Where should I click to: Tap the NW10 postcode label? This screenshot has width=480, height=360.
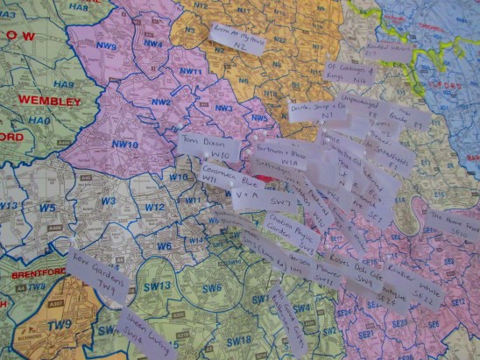[x=125, y=145]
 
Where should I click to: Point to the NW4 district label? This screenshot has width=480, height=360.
[x=153, y=44]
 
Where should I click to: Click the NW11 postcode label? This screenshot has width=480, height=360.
[x=190, y=73]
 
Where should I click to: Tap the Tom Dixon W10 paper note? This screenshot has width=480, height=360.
[x=210, y=147]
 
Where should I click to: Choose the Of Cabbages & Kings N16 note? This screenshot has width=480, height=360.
[x=350, y=72]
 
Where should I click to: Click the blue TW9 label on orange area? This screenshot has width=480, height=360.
[x=60, y=325]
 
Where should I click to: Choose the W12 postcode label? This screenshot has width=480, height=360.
[x=154, y=208]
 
